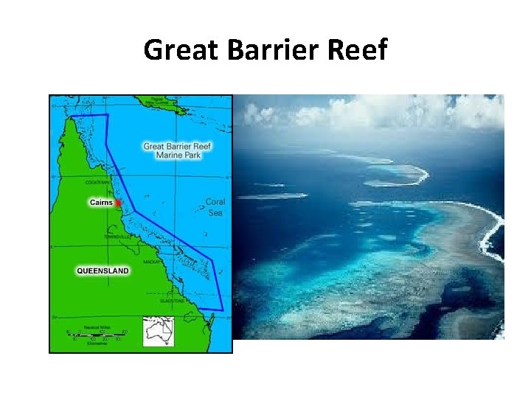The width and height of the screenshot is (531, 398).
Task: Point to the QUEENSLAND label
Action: [103, 270]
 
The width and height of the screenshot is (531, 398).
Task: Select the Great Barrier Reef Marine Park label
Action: [177, 151]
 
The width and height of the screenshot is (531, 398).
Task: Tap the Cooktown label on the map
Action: [98, 182]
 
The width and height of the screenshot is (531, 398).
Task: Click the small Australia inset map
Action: [159, 332]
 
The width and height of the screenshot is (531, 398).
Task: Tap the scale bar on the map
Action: [96, 335]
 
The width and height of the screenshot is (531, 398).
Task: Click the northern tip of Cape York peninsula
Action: [73, 118]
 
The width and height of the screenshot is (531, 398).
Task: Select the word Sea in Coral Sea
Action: [215, 212]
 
